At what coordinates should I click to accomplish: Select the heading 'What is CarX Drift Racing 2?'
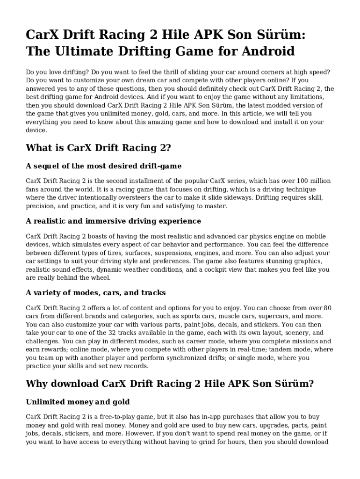click(x=99, y=148)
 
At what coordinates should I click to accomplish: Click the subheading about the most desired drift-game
click(x=104, y=166)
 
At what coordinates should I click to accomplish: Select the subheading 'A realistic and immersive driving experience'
click(x=114, y=221)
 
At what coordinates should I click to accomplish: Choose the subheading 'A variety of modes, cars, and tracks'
click(x=96, y=293)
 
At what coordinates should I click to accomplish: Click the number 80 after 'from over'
click(x=327, y=308)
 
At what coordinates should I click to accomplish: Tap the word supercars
click(x=263, y=316)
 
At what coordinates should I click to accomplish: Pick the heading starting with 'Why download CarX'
click(x=169, y=384)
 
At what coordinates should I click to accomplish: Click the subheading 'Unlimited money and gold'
click(x=78, y=402)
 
